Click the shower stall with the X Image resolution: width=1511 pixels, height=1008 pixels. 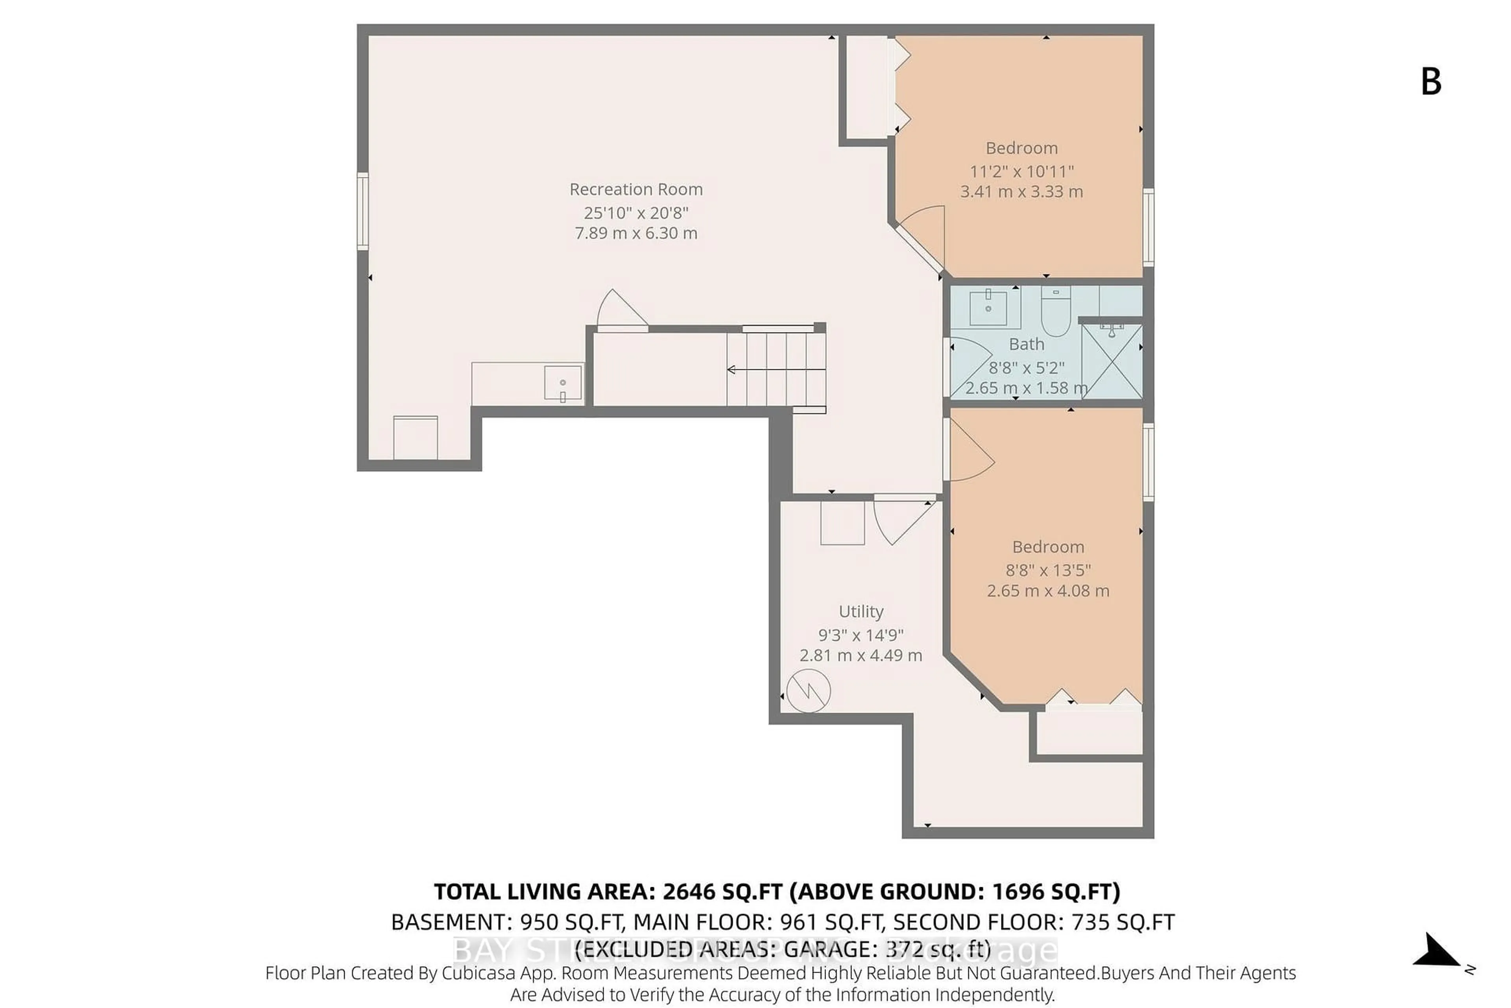pyautogui.click(x=1111, y=362)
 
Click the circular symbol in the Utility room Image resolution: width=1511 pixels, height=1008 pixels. pyautogui.click(x=808, y=691)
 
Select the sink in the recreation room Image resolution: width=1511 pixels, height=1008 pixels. pyautogui.click(x=563, y=383)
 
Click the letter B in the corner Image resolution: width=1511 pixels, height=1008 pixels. pyautogui.click(x=1431, y=82)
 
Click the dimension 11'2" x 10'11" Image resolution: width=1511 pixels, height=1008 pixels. pyautogui.click(x=1021, y=172)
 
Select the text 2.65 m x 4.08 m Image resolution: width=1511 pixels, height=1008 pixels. pyautogui.click(x=1047, y=591)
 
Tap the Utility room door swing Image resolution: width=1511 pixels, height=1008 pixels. pyautogui.click(x=898, y=519)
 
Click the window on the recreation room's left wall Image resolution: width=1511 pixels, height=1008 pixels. pyautogui.click(x=363, y=211)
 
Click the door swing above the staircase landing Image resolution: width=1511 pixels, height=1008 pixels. pyautogui.click(x=619, y=311)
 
